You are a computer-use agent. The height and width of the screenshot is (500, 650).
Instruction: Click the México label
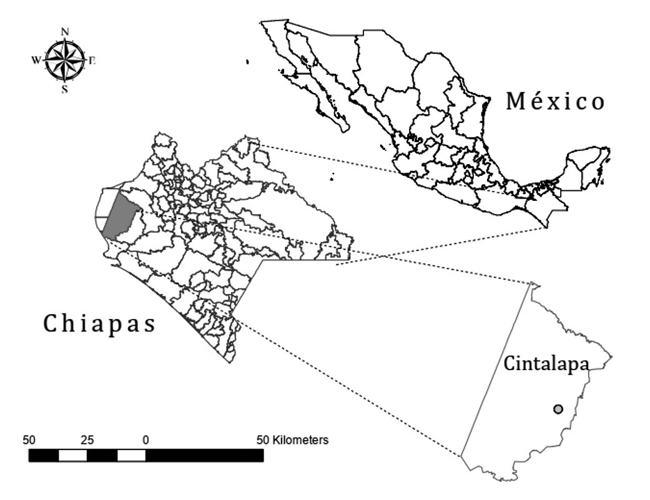pos(555,100)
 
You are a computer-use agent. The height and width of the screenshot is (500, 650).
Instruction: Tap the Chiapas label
pos(99,324)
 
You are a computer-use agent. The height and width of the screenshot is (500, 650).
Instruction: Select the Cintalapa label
pos(546,364)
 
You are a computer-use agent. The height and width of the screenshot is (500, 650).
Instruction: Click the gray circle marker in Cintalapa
pos(558,409)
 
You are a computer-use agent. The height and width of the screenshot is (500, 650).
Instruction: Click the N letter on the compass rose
pos(65,32)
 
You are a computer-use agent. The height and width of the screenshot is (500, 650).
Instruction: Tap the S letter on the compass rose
pos(65,89)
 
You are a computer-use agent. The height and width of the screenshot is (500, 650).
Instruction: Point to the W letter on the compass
pos(36,61)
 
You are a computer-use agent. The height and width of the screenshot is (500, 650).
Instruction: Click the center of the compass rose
pos(65,61)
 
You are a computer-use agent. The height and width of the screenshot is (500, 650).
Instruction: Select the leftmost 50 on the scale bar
pos(29,440)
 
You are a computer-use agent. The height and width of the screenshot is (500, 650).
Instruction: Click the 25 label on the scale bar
pos(87,440)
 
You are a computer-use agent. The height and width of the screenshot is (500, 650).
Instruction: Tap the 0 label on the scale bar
pos(145,440)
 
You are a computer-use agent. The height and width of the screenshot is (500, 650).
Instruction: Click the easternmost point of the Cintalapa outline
pos(612,356)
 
